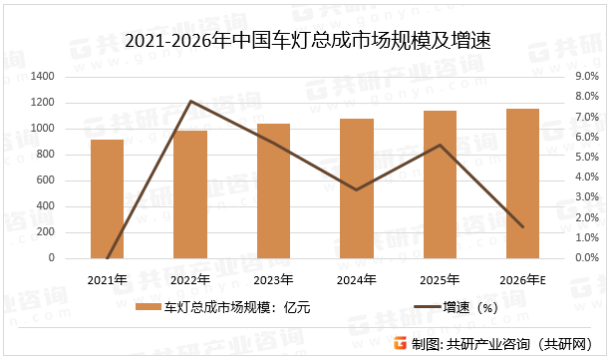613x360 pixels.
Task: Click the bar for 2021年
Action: pyautogui.click(x=107, y=198)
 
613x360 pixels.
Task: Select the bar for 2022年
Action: pyautogui.click(x=190, y=194)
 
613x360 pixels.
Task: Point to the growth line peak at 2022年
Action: pyautogui.click(x=190, y=101)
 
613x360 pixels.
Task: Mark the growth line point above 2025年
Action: pyautogui.click(x=440, y=145)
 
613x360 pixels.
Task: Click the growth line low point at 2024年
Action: pyautogui.click(x=357, y=189)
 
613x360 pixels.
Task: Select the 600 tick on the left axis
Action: pyautogui.click(x=46, y=180)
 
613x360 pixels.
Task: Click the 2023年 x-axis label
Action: pyautogui.click(x=273, y=278)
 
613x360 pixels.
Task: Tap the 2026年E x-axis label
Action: pyautogui.click(x=522, y=278)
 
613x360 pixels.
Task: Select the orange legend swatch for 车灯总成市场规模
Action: pyautogui.click(x=147, y=308)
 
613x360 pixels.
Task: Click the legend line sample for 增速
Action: pyautogui.click(x=412, y=308)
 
